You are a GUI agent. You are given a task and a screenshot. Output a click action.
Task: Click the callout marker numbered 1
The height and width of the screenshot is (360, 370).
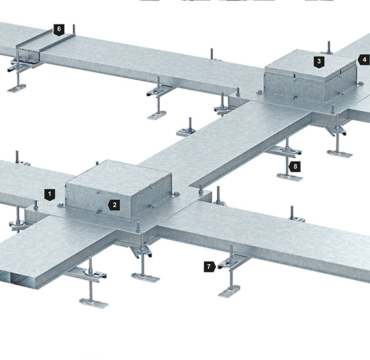(50, 195)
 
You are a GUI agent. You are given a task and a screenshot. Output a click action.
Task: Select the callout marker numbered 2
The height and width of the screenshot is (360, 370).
(114, 205)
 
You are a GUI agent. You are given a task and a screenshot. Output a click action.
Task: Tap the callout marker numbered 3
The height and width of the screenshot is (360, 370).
(319, 62)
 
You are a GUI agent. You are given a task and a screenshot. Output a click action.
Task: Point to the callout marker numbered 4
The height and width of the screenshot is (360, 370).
(364, 60)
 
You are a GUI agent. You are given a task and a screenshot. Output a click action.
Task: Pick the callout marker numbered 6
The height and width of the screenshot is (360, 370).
(59, 30)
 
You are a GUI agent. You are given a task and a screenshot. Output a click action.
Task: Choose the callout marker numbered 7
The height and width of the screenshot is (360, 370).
(210, 267)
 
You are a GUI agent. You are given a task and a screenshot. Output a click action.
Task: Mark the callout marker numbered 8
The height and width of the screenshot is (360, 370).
(295, 166)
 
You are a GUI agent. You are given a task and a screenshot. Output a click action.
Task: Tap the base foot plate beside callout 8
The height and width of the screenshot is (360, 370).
(290, 177)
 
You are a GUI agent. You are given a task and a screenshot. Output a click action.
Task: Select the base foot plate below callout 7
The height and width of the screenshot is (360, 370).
(229, 291)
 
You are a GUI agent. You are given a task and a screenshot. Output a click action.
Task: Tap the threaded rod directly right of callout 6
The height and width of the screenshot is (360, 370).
(74, 30)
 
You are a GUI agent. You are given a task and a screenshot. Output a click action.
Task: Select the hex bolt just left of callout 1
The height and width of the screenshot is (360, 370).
(35, 205)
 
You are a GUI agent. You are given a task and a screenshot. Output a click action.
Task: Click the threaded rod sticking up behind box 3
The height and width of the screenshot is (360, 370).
(329, 47)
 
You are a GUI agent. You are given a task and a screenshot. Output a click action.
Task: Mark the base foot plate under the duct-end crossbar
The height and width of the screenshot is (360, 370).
(94, 303)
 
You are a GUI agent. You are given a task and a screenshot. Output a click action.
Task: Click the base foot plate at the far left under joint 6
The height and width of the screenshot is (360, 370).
(17, 88)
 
